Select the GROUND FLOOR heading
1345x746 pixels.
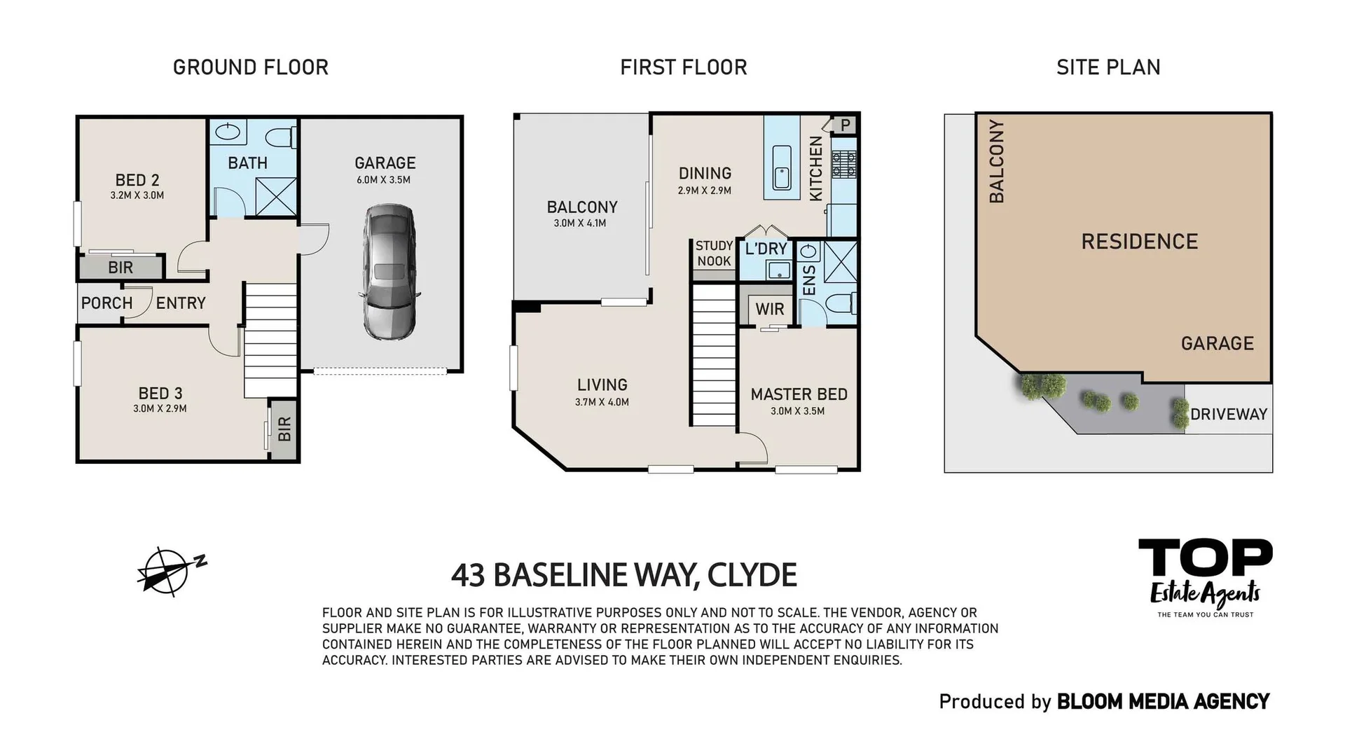click(250, 67)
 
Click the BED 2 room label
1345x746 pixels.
click(137, 180)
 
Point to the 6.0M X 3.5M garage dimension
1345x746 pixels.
click(383, 180)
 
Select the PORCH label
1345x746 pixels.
click(106, 303)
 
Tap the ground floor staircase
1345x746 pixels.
click(270, 340)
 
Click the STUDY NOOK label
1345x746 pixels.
click(714, 254)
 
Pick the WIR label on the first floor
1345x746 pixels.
click(769, 309)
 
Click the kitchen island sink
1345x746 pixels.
click(781, 168)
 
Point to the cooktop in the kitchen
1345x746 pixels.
click(844, 164)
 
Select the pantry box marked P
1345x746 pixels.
click(846, 125)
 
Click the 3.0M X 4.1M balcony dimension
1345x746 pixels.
click(580, 223)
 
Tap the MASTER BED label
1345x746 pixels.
click(799, 394)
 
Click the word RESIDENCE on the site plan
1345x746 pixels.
click(1139, 242)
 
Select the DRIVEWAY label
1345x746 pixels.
click(1229, 414)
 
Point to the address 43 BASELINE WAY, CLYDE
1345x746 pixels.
click(623, 575)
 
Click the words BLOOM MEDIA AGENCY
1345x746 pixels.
click(1163, 701)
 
